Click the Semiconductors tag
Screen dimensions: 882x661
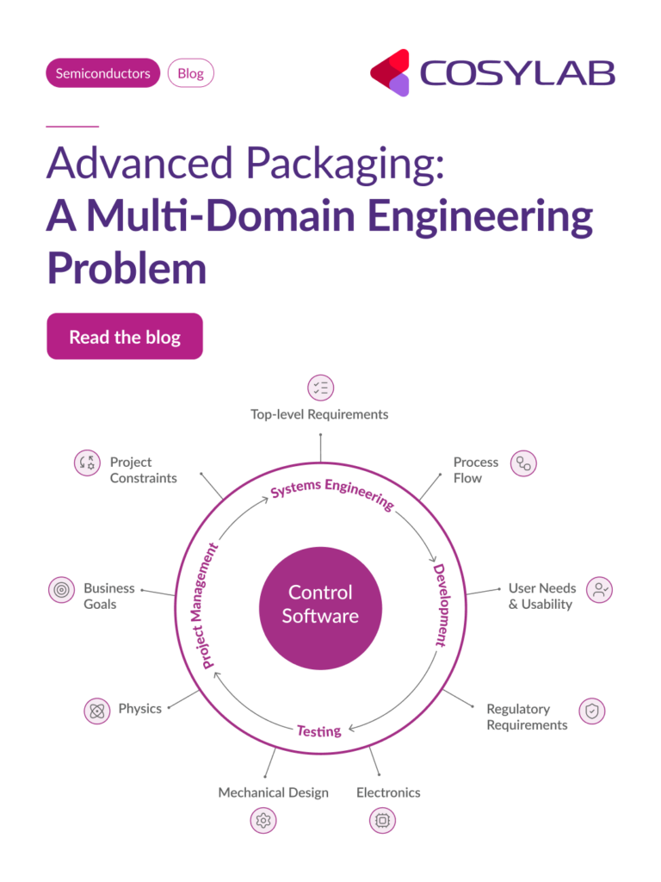102,73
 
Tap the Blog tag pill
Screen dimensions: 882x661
190,73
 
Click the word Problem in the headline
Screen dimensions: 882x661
127,267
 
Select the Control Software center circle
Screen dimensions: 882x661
320,604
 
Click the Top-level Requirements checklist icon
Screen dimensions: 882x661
320,388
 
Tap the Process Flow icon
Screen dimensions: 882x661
523,463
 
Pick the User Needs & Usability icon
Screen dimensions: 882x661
600,589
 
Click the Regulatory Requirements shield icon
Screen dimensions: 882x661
591,711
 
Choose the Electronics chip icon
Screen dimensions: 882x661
383,821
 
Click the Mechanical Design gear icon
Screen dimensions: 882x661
263,821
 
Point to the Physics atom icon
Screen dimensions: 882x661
96,711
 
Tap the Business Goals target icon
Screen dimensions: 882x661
61,590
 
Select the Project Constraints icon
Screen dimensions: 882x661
87,463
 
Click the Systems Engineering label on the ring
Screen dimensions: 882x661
332,494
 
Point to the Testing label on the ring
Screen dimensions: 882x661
318,730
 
